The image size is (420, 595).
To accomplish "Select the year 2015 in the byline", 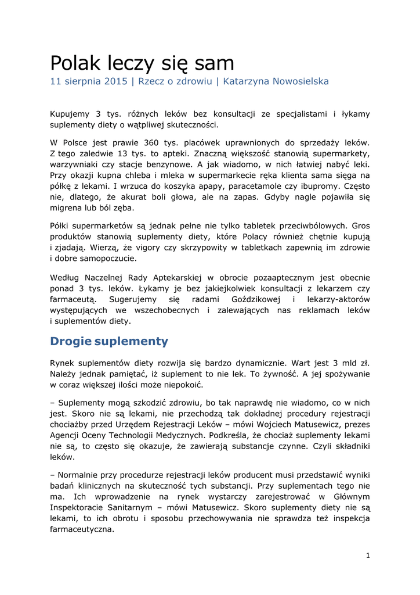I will tap(116, 81).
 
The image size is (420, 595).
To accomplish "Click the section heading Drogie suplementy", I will tap(109, 341).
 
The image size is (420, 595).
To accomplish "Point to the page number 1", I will tap(368, 555).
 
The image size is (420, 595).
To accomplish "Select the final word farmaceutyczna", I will tap(82, 530).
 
